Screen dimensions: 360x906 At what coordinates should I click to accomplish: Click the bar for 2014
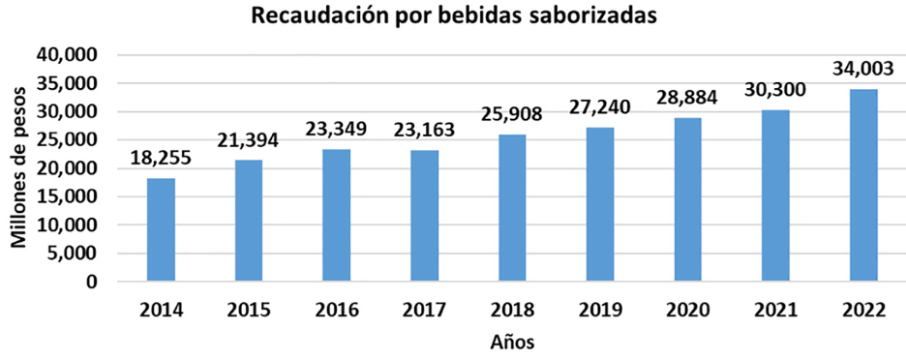pos(161,230)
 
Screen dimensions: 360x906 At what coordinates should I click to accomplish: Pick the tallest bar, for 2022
pos(863,186)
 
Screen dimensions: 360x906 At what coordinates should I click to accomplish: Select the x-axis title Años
pos(511,341)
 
